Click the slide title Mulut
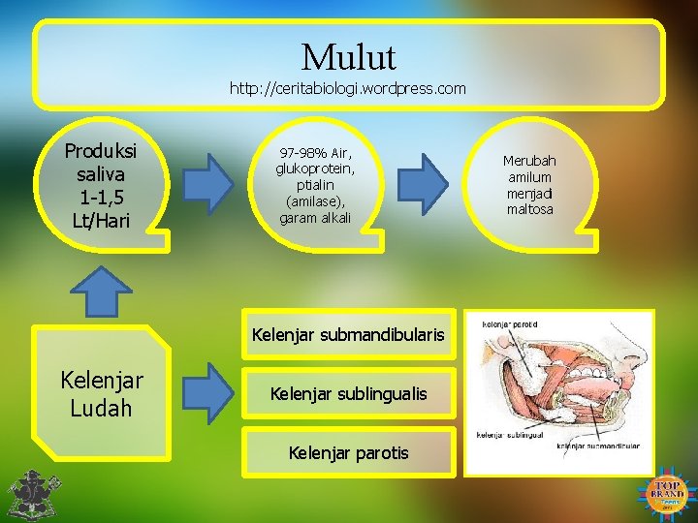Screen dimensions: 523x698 point(348,57)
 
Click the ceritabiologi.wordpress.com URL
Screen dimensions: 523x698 point(347,88)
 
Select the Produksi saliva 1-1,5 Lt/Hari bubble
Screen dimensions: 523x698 point(101,186)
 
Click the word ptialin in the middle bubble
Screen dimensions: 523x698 point(314,185)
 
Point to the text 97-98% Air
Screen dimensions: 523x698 point(315,153)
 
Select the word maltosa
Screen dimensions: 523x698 point(529,209)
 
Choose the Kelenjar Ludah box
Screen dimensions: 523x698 point(102,395)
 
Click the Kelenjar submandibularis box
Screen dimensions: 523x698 point(348,335)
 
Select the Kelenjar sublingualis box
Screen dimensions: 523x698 point(348,393)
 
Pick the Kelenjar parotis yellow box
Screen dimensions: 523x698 point(348,452)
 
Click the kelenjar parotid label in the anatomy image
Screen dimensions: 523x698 point(512,324)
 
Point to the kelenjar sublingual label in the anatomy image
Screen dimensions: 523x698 point(508,435)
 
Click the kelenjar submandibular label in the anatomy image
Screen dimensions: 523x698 point(597,446)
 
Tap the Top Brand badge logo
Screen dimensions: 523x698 point(667,494)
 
